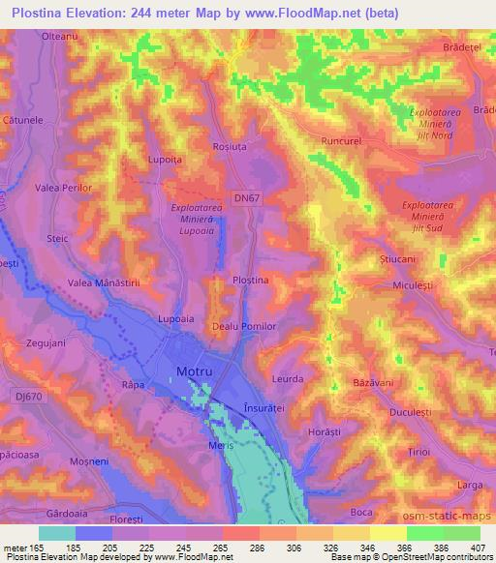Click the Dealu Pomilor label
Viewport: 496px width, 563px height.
[x=244, y=327]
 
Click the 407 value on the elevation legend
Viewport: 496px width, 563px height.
[x=478, y=547]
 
